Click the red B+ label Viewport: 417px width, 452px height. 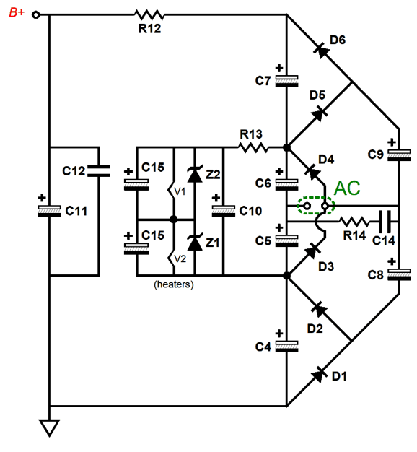click(17, 12)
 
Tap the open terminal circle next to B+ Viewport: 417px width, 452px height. click(35, 14)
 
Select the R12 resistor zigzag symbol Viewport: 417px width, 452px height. click(149, 14)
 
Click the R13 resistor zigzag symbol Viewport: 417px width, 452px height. click(253, 148)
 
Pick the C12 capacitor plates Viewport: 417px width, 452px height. click(99, 170)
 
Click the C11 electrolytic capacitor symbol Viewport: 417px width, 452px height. click(49, 211)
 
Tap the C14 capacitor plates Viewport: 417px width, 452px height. click(385, 222)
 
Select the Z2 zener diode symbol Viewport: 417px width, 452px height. click(195, 174)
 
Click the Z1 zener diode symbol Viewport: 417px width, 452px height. click(195, 242)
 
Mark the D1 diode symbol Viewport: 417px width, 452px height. click(320, 374)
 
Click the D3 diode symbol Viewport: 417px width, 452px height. click(313, 250)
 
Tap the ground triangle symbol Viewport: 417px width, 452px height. click(50, 427)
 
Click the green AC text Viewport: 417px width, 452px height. click(347, 188)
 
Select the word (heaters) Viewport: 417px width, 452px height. click(174, 284)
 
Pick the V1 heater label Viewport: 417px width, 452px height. click(180, 191)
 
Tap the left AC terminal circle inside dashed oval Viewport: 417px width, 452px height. click(307, 206)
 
